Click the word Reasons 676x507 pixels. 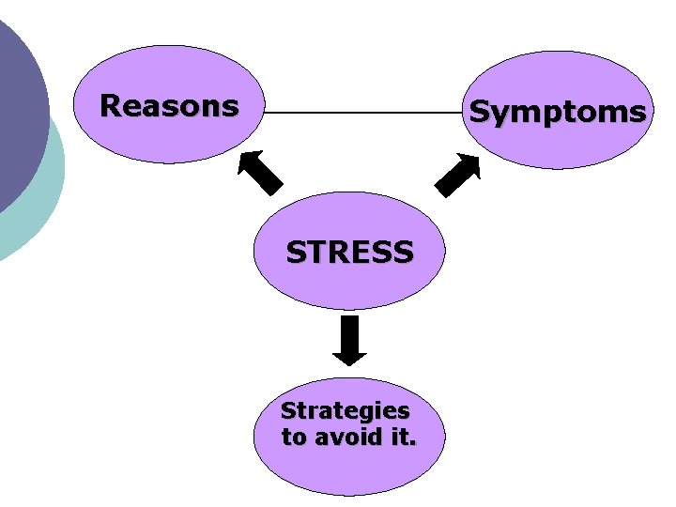(x=169, y=105)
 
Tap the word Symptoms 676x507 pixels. (x=557, y=113)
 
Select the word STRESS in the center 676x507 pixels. (x=349, y=253)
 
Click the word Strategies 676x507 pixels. (x=346, y=411)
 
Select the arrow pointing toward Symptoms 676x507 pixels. (x=458, y=174)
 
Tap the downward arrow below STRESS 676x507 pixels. (x=349, y=340)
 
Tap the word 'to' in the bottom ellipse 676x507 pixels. (x=294, y=437)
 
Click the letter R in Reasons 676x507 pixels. (x=110, y=105)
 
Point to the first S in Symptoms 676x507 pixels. (x=480, y=113)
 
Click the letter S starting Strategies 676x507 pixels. (x=288, y=411)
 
